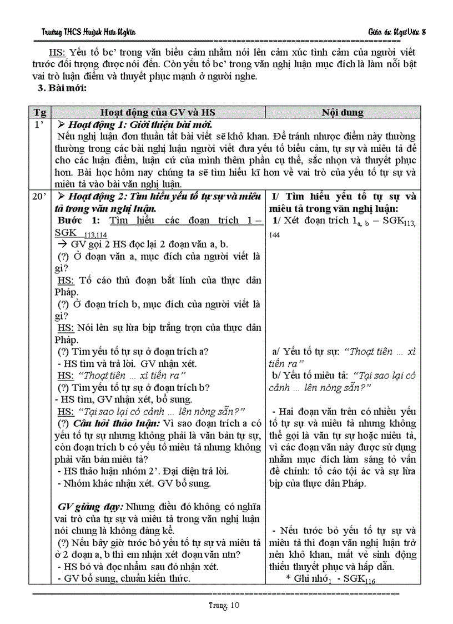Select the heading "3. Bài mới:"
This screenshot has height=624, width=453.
pyautogui.click(x=61, y=87)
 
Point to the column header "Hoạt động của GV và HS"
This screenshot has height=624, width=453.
pyautogui.click(x=159, y=112)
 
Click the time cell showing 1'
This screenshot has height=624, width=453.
pyautogui.click(x=39, y=124)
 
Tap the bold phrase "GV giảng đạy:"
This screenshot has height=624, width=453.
pyautogui.click(x=90, y=507)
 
